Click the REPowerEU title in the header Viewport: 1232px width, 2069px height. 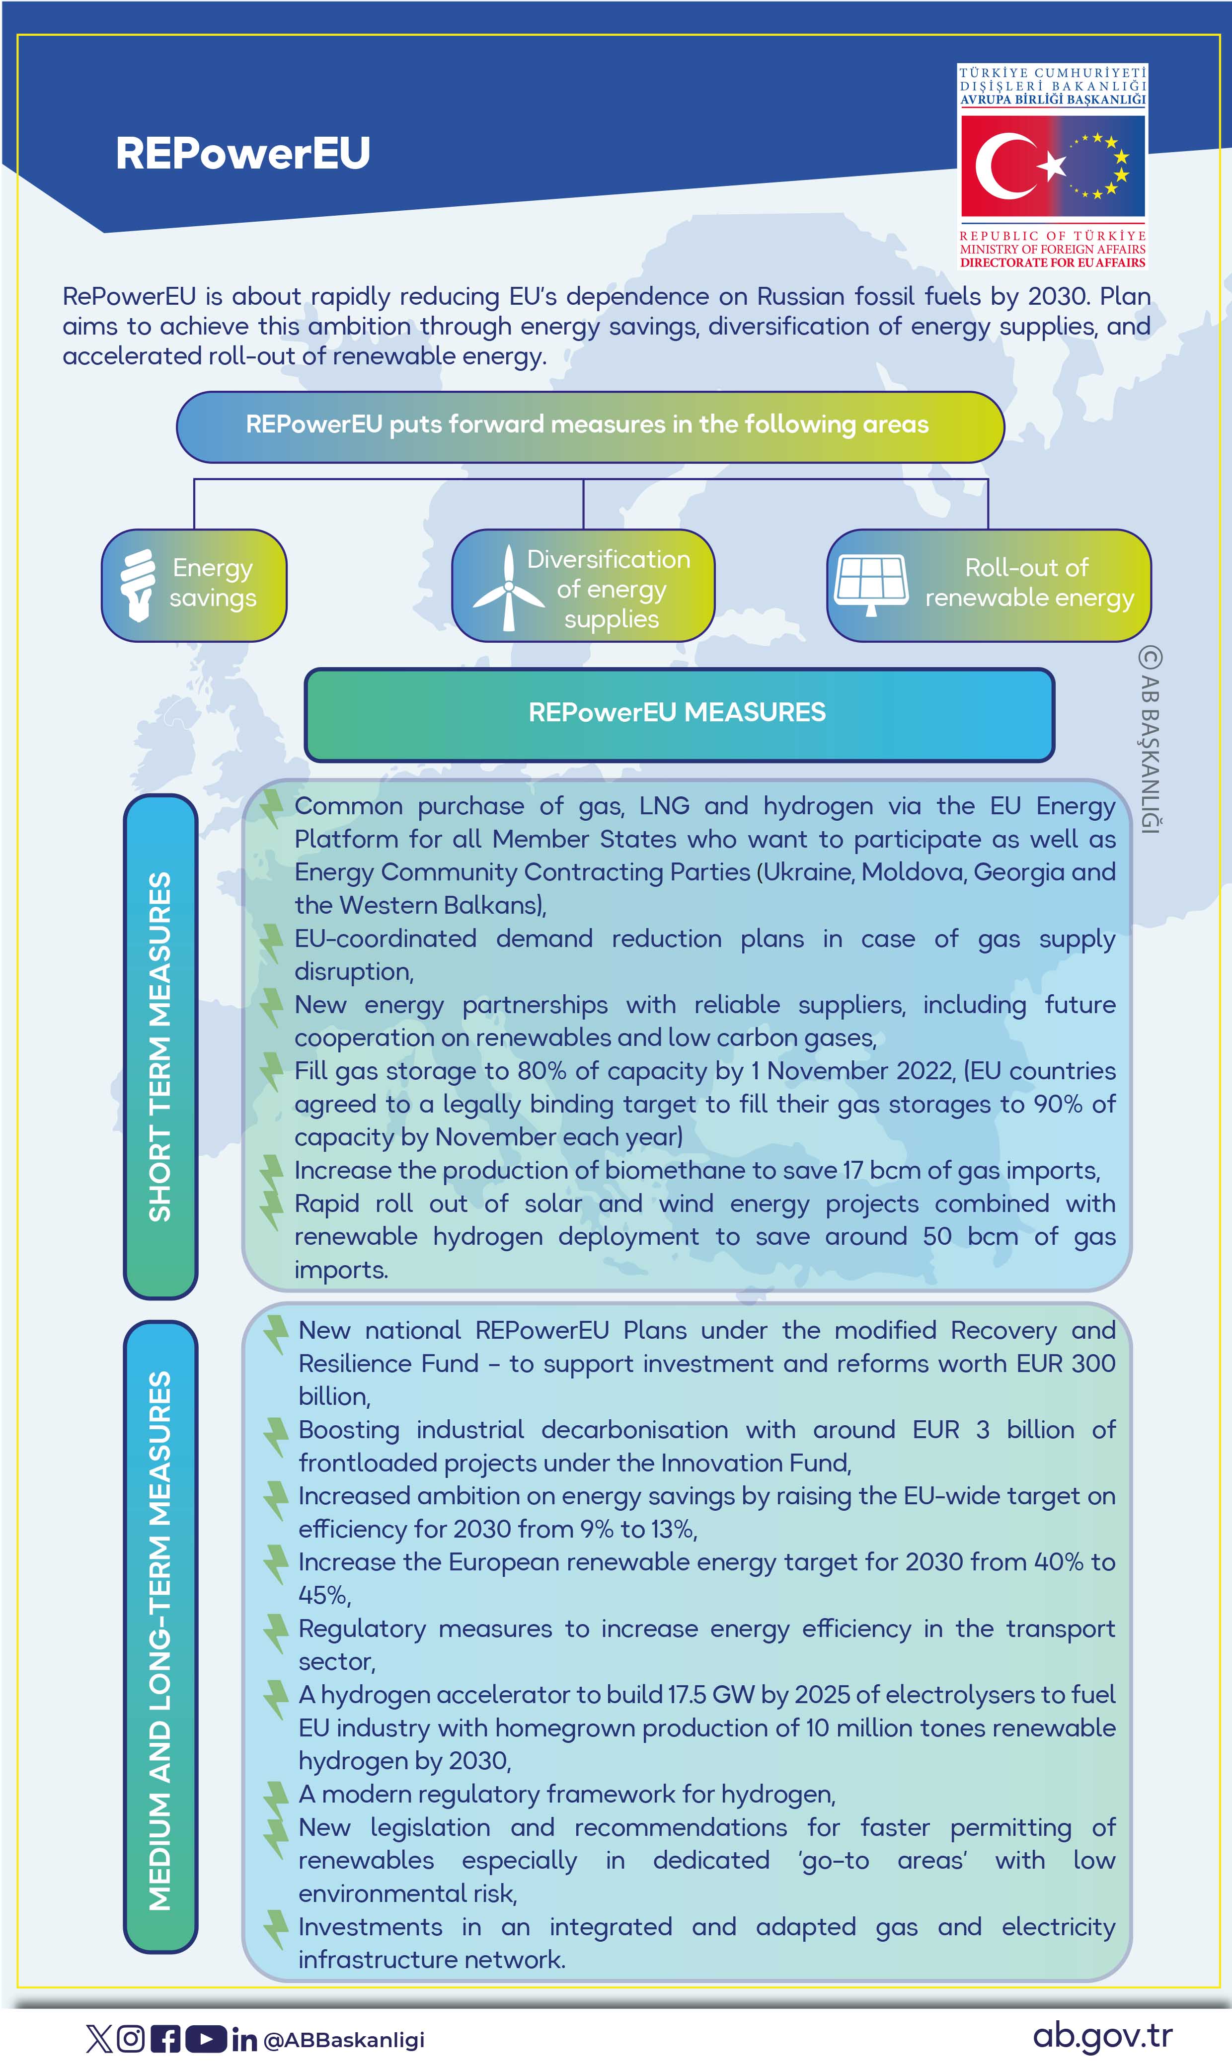point(242,154)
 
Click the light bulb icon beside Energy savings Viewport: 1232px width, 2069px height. point(138,584)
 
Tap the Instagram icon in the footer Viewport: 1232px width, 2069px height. point(130,2038)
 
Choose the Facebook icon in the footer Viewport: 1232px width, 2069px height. point(166,2038)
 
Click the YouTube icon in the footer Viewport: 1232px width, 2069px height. point(205,2038)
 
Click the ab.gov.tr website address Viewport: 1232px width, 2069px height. point(1102,2036)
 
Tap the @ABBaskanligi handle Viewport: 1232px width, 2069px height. point(344,2040)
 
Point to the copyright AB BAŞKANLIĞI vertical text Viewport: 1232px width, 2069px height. point(1150,739)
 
